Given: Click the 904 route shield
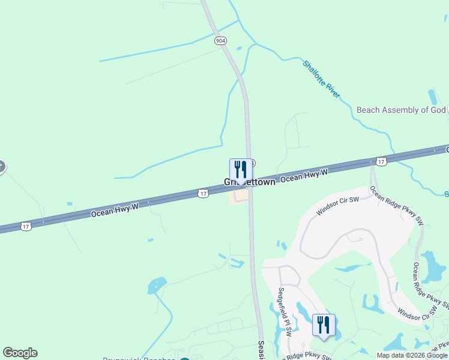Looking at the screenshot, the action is (220, 41).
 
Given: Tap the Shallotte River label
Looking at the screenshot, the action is (322, 78).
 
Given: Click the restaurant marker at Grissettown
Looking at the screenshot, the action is (241, 170).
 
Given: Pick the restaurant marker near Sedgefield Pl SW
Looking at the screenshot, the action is (324, 325).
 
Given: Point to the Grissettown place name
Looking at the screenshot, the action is (249, 182).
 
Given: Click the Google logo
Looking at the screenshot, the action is (20, 353).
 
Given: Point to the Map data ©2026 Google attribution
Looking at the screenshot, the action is (412, 355).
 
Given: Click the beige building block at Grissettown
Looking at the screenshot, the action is (240, 196).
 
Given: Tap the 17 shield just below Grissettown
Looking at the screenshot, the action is (203, 193).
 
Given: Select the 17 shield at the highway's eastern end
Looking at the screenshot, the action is (381, 161).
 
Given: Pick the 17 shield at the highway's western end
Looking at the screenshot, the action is (25, 226).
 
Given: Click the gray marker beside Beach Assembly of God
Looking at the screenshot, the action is (447, 110).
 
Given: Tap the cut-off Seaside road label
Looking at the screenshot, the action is (262, 350).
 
